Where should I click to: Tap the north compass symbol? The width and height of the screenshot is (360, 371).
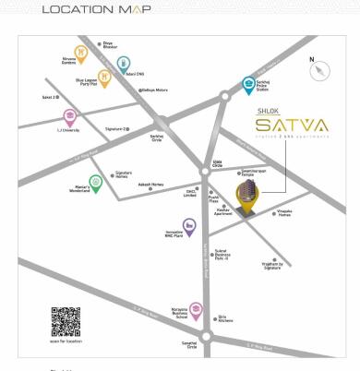[319, 70]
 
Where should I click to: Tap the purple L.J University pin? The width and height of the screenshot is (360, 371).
[70, 118]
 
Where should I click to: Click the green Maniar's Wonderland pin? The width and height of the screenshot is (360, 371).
[94, 183]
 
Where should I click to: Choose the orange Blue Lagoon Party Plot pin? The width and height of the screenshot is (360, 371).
[104, 78]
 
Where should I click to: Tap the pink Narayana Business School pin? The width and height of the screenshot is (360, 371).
[196, 308]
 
